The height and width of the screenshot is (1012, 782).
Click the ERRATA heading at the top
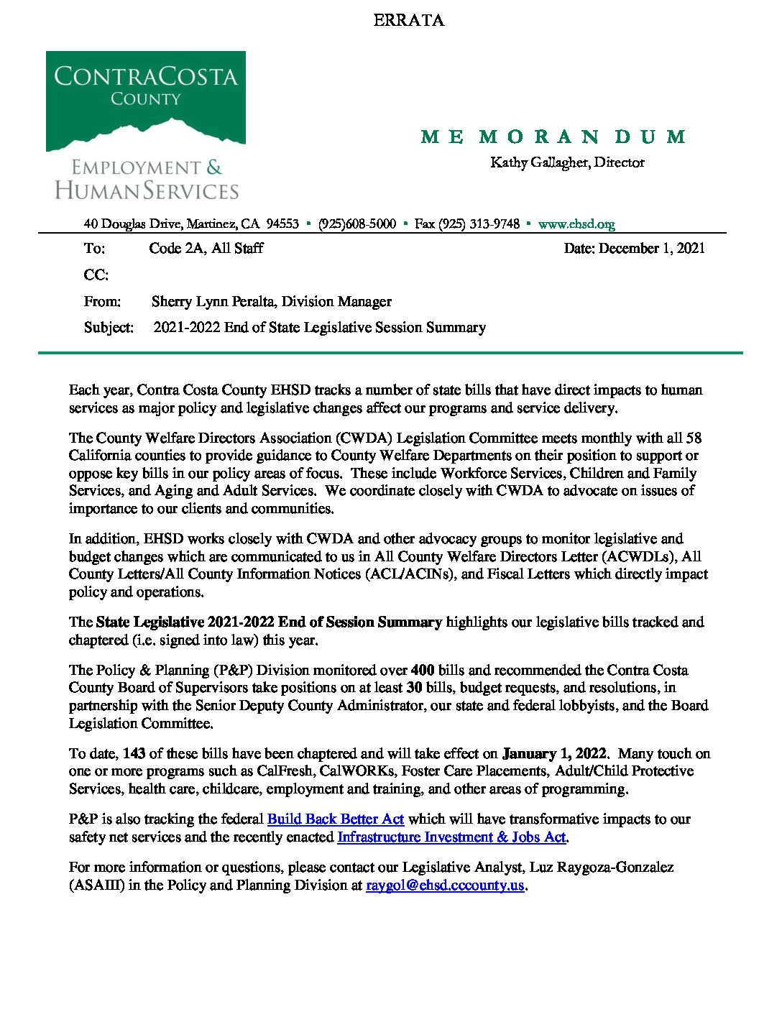coord(408,20)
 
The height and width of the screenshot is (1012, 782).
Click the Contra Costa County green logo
coord(146,101)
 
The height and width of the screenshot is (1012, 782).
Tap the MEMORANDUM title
coord(553,137)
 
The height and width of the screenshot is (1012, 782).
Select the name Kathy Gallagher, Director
coord(567,162)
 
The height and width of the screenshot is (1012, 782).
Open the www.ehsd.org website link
coord(576,224)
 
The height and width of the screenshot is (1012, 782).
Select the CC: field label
coord(96,275)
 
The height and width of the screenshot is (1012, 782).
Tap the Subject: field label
coord(109,328)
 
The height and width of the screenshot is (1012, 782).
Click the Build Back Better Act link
coord(336,819)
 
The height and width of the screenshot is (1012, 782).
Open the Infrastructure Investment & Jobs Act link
coord(451,837)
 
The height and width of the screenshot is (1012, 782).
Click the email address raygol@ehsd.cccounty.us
coord(445,885)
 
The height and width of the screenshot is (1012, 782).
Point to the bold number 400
coord(423,671)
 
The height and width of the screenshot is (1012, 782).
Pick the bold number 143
coord(134,754)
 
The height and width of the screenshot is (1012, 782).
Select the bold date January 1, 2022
coord(555,754)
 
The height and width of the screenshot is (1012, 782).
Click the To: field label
coord(94,249)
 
